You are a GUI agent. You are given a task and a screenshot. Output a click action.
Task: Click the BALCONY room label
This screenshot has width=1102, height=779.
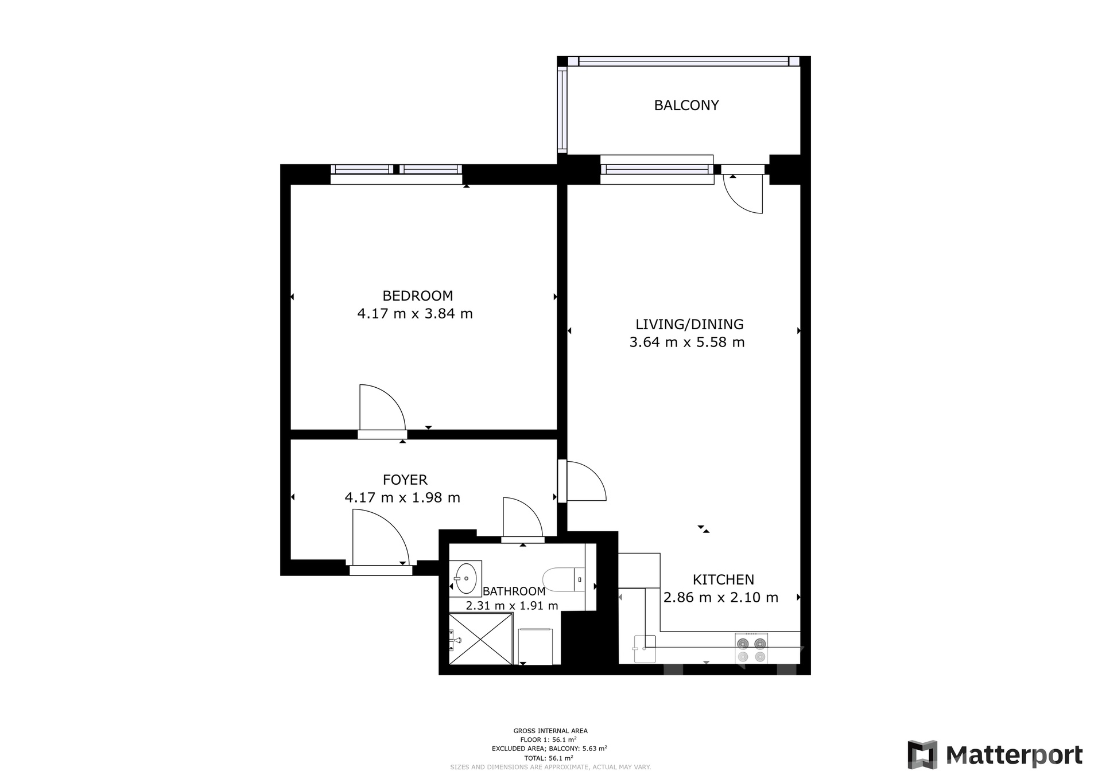[686, 106]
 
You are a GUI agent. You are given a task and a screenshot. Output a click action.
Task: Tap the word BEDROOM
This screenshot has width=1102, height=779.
[418, 296]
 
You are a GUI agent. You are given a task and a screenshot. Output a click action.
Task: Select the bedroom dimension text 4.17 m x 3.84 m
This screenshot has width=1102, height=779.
[415, 314]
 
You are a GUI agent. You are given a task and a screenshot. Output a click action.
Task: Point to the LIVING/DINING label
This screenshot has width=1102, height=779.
[689, 325]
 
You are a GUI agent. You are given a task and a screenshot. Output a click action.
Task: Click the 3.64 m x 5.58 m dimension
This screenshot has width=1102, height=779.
[687, 342]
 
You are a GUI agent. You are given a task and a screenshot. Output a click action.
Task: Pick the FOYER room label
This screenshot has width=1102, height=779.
[405, 480]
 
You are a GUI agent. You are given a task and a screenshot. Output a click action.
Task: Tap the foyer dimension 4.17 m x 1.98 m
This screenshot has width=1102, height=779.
[402, 497]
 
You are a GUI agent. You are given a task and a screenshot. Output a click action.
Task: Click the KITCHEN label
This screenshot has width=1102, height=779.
[723, 579]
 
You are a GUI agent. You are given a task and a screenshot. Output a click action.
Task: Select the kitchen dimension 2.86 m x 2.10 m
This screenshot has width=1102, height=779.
[721, 598]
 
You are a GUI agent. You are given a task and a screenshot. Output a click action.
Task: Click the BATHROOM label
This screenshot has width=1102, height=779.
[514, 591]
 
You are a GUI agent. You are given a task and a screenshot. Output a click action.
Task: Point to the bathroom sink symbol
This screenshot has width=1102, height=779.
[465, 579]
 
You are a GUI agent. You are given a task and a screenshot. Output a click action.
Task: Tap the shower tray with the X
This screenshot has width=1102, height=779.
[480, 639]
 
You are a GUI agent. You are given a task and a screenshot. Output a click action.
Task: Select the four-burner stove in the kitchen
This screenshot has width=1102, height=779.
[751, 649]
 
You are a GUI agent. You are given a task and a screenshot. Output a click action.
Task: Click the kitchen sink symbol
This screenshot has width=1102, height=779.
[644, 649]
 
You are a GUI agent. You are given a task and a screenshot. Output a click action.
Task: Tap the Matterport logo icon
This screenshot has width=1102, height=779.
[922, 755]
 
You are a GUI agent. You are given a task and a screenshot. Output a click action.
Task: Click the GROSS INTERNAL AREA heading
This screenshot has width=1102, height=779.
[550, 731]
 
